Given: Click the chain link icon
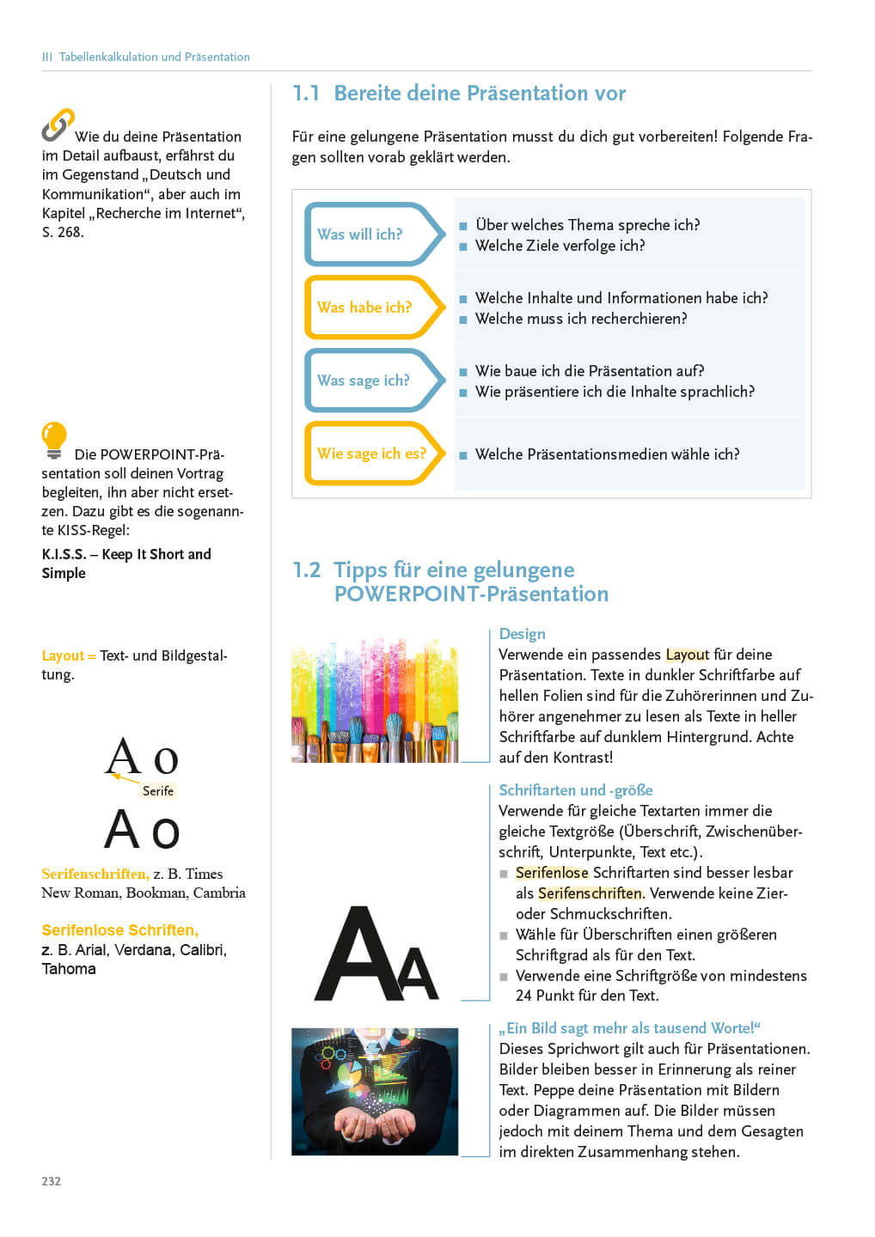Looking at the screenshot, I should pyautogui.click(x=58, y=125).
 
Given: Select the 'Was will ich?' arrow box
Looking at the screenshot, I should pyautogui.click(x=373, y=234).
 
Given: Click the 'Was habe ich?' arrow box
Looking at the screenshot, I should pyautogui.click(x=373, y=307).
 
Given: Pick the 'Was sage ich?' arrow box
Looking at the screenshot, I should pyautogui.click(x=373, y=380).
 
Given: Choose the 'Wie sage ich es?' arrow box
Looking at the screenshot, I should pyautogui.click(x=373, y=454).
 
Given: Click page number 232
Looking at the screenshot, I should pyautogui.click(x=52, y=1181).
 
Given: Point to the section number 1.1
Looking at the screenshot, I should pyautogui.click(x=306, y=94).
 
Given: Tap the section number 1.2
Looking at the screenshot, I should pyautogui.click(x=306, y=570).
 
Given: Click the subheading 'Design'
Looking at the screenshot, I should pyautogui.click(x=522, y=634).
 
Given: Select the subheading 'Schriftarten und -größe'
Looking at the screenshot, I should pyautogui.click(x=575, y=790).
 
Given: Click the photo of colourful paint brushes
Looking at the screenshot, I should pyautogui.click(x=375, y=700).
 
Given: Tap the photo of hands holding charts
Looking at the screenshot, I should pyautogui.click(x=375, y=1091).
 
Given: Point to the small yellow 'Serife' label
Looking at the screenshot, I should pyautogui.click(x=158, y=791).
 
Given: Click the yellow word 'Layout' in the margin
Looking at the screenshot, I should pyautogui.click(x=63, y=655).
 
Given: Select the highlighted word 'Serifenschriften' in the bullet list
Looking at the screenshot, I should pyautogui.click(x=590, y=893).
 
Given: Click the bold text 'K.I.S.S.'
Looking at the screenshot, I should pyautogui.click(x=64, y=554).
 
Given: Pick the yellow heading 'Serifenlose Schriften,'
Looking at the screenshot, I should pyautogui.click(x=119, y=930).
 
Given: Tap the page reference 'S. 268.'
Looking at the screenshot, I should pyautogui.click(x=63, y=232).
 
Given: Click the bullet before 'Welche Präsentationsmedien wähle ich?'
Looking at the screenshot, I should pyautogui.click(x=463, y=455).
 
